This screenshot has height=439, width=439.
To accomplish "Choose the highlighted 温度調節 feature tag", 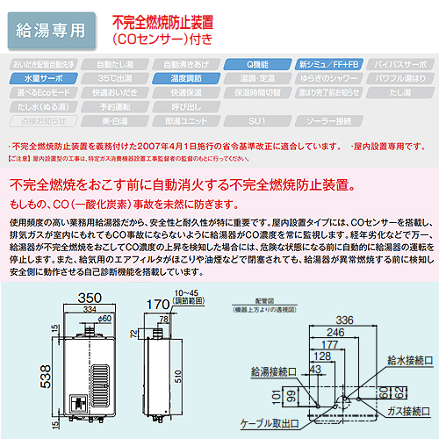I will point(182,78).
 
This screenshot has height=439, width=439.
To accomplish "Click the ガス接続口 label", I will point(402,411).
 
